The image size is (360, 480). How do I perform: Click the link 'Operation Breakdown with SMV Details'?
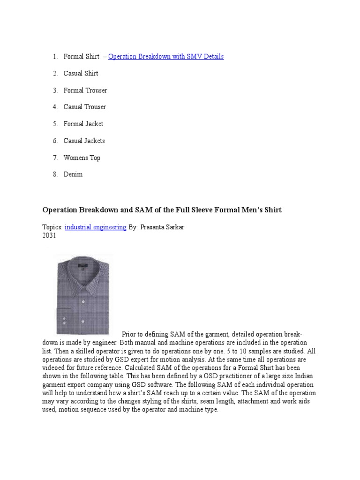[166, 56]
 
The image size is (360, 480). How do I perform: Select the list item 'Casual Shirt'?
[81, 73]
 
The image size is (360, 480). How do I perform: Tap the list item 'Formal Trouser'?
[85, 90]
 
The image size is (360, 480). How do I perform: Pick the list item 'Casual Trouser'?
[85, 107]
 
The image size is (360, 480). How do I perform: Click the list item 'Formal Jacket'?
[83, 124]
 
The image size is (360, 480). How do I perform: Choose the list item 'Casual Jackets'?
[84, 141]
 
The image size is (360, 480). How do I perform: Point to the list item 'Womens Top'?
[82, 157]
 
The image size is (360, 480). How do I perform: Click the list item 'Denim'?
[73, 174]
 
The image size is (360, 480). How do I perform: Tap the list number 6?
[55, 141]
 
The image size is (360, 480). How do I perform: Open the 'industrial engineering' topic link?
[96, 227]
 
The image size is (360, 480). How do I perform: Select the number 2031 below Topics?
[49, 235]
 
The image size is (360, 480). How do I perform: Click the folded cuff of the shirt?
[64, 319]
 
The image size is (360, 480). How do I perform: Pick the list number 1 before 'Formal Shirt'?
[55, 56]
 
